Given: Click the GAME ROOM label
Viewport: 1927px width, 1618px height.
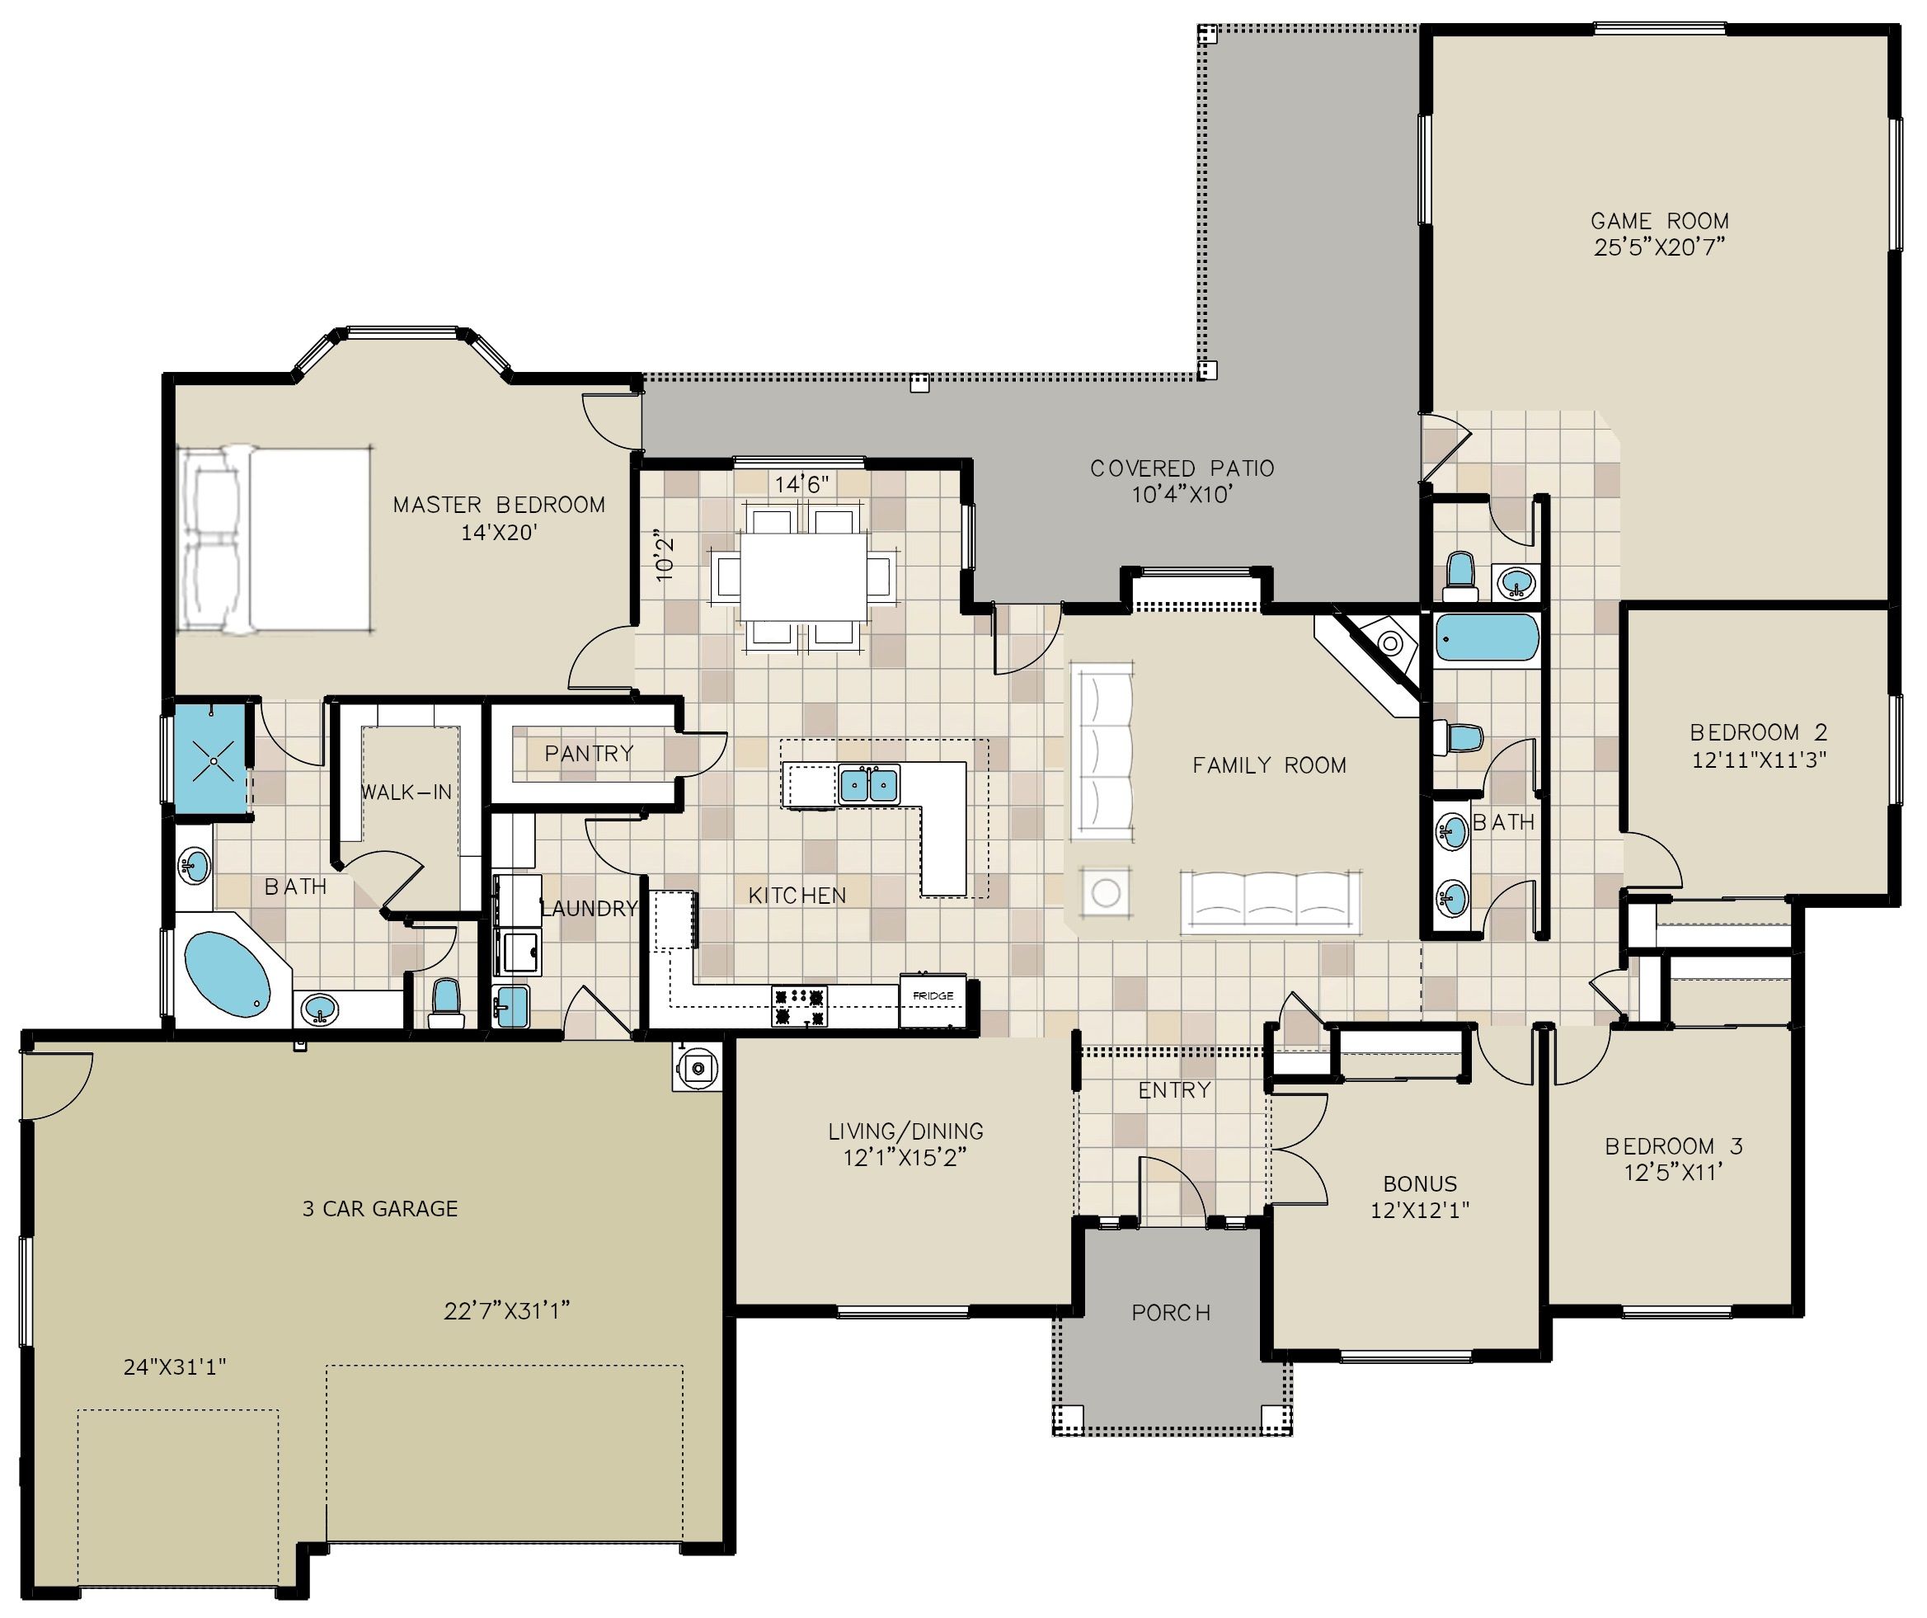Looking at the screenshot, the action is (x=1659, y=221).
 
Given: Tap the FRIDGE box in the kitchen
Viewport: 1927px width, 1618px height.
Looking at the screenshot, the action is (x=933, y=999).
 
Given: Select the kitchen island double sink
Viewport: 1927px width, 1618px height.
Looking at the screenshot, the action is (x=868, y=785).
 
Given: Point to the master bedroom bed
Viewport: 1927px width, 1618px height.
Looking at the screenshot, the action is (x=274, y=539).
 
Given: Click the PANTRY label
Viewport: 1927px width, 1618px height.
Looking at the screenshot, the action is (x=589, y=754).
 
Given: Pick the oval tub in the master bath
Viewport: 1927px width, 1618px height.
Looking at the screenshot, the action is (x=228, y=974).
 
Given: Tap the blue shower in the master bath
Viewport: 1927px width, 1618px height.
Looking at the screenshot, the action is (x=213, y=759).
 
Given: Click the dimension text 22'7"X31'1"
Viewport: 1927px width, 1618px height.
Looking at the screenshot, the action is (x=506, y=1310).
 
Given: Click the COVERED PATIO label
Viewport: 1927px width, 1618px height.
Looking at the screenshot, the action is (x=1182, y=469).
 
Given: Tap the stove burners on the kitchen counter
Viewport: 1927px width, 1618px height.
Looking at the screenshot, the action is (x=799, y=1007).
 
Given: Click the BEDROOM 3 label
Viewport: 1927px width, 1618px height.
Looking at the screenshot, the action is (x=1674, y=1146).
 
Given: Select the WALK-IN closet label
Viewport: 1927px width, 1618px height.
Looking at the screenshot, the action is (x=407, y=792).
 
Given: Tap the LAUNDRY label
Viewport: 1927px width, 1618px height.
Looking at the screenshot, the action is (x=589, y=909).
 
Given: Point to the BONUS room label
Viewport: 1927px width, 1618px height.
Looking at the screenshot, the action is (x=1421, y=1184).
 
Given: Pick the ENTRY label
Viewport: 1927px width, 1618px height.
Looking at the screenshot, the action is (x=1174, y=1090).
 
